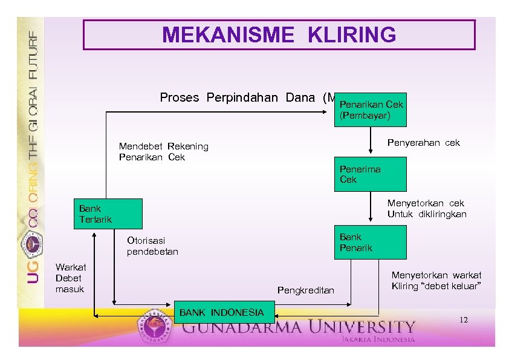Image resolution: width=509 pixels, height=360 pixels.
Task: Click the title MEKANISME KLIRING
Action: coord(279,35)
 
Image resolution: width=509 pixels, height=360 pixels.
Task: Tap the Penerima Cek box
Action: coord(370,174)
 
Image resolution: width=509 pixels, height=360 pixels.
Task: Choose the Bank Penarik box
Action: coord(370,242)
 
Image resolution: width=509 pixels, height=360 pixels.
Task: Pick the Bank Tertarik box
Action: coord(107,213)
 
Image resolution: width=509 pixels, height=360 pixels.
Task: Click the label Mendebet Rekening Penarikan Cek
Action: coord(163,151)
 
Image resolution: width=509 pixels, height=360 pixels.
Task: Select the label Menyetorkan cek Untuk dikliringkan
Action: coord(426,209)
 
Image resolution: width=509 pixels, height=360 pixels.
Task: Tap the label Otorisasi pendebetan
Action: coord(152,246)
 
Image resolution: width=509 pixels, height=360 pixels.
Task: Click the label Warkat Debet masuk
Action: coord(70,278)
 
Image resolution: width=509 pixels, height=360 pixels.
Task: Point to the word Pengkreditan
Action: coord(305,290)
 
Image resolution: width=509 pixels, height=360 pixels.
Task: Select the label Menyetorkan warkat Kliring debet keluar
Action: coord(436,280)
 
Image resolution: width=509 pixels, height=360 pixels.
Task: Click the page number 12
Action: coord(463,319)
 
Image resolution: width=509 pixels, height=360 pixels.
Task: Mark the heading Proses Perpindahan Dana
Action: coord(242,97)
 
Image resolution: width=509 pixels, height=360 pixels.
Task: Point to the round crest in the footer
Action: coord(156,327)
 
